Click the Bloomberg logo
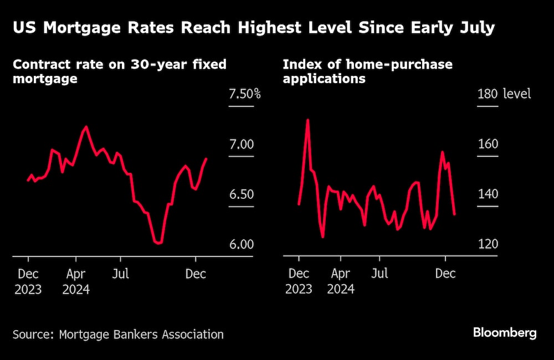pyautogui.click(x=504, y=333)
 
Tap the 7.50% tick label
pyautogui.click(x=244, y=94)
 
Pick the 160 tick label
pyautogui.click(x=487, y=144)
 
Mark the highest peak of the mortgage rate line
pyautogui.click(x=85, y=127)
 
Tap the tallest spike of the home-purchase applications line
pyautogui.click(x=307, y=120)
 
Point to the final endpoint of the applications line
pyautogui.click(x=455, y=214)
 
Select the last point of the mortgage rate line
pyautogui.click(x=207, y=159)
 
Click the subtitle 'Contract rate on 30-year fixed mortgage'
pyautogui.click(x=119, y=71)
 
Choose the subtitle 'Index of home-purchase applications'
pyautogui.click(x=367, y=71)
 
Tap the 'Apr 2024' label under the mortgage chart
pyautogui.click(x=76, y=281)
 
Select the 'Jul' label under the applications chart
pyautogui.click(x=379, y=274)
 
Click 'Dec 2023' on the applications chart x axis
pyautogui.click(x=299, y=281)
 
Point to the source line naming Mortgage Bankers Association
pyautogui.click(x=119, y=334)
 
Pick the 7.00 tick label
pyautogui.click(x=242, y=144)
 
